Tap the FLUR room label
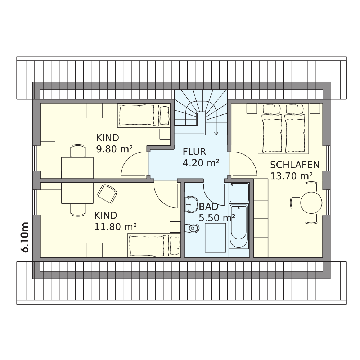[194, 152]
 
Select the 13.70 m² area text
[291, 176]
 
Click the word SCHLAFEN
[295, 165]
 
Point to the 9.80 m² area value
[114, 149]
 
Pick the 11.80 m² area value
[116, 227]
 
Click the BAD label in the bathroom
[208, 207]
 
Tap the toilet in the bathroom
[192, 228]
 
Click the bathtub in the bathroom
[239, 226]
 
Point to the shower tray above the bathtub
[239, 193]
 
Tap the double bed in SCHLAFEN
[283, 129]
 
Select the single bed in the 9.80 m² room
[144, 115]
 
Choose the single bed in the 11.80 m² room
[154, 246]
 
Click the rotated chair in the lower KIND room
[107, 194]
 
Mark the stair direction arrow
[216, 133]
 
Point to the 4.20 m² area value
[201, 163]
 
